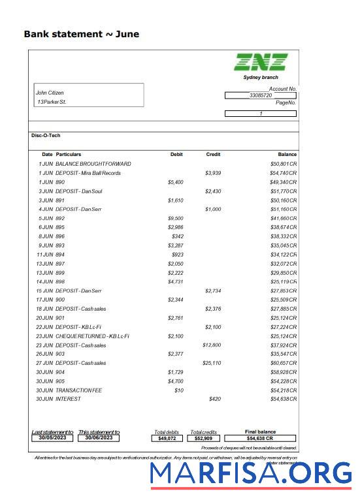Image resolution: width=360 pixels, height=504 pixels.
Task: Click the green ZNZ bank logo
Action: point(261,62)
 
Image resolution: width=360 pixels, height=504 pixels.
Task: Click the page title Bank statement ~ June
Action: point(81,34)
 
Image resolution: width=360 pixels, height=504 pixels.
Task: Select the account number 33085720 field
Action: point(260,95)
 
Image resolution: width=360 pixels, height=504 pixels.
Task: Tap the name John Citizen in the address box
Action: point(50,93)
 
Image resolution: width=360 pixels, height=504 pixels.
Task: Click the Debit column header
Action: point(176,154)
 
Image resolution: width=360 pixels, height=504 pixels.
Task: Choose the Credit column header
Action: point(213,154)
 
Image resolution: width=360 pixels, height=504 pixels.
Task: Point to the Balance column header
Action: point(287,154)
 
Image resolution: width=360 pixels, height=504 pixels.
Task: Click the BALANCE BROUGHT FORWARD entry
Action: point(93,163)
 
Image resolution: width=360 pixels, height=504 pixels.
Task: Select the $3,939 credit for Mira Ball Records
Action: point(214,173)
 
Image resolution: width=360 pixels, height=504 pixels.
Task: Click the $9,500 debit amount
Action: point(175,218)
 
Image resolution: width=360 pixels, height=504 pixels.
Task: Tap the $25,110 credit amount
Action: point(212,363)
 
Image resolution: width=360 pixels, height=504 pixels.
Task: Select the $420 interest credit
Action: point(215,399)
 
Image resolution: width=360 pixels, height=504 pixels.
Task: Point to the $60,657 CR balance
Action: point(284,363)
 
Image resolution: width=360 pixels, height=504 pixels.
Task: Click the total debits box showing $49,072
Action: point(168,439)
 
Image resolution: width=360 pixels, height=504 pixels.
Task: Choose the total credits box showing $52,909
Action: point(204,439)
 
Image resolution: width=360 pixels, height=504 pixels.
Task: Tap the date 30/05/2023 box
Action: point(52,438)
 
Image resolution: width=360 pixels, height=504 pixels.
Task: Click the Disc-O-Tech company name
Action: point(46,135)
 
